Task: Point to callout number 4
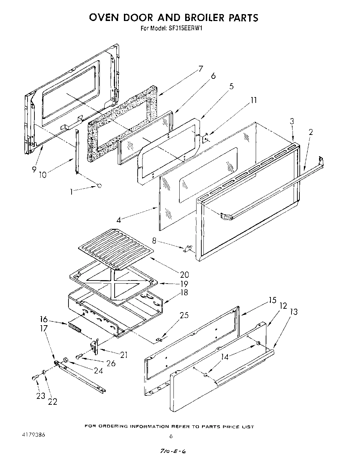pos(118,220)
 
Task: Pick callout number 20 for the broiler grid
pos(184,274)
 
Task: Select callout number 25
pos(184,315)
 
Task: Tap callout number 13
pos(294,312)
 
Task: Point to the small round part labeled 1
pos(99,186)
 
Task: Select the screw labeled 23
pos(34,378)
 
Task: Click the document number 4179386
pos(33,434)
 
